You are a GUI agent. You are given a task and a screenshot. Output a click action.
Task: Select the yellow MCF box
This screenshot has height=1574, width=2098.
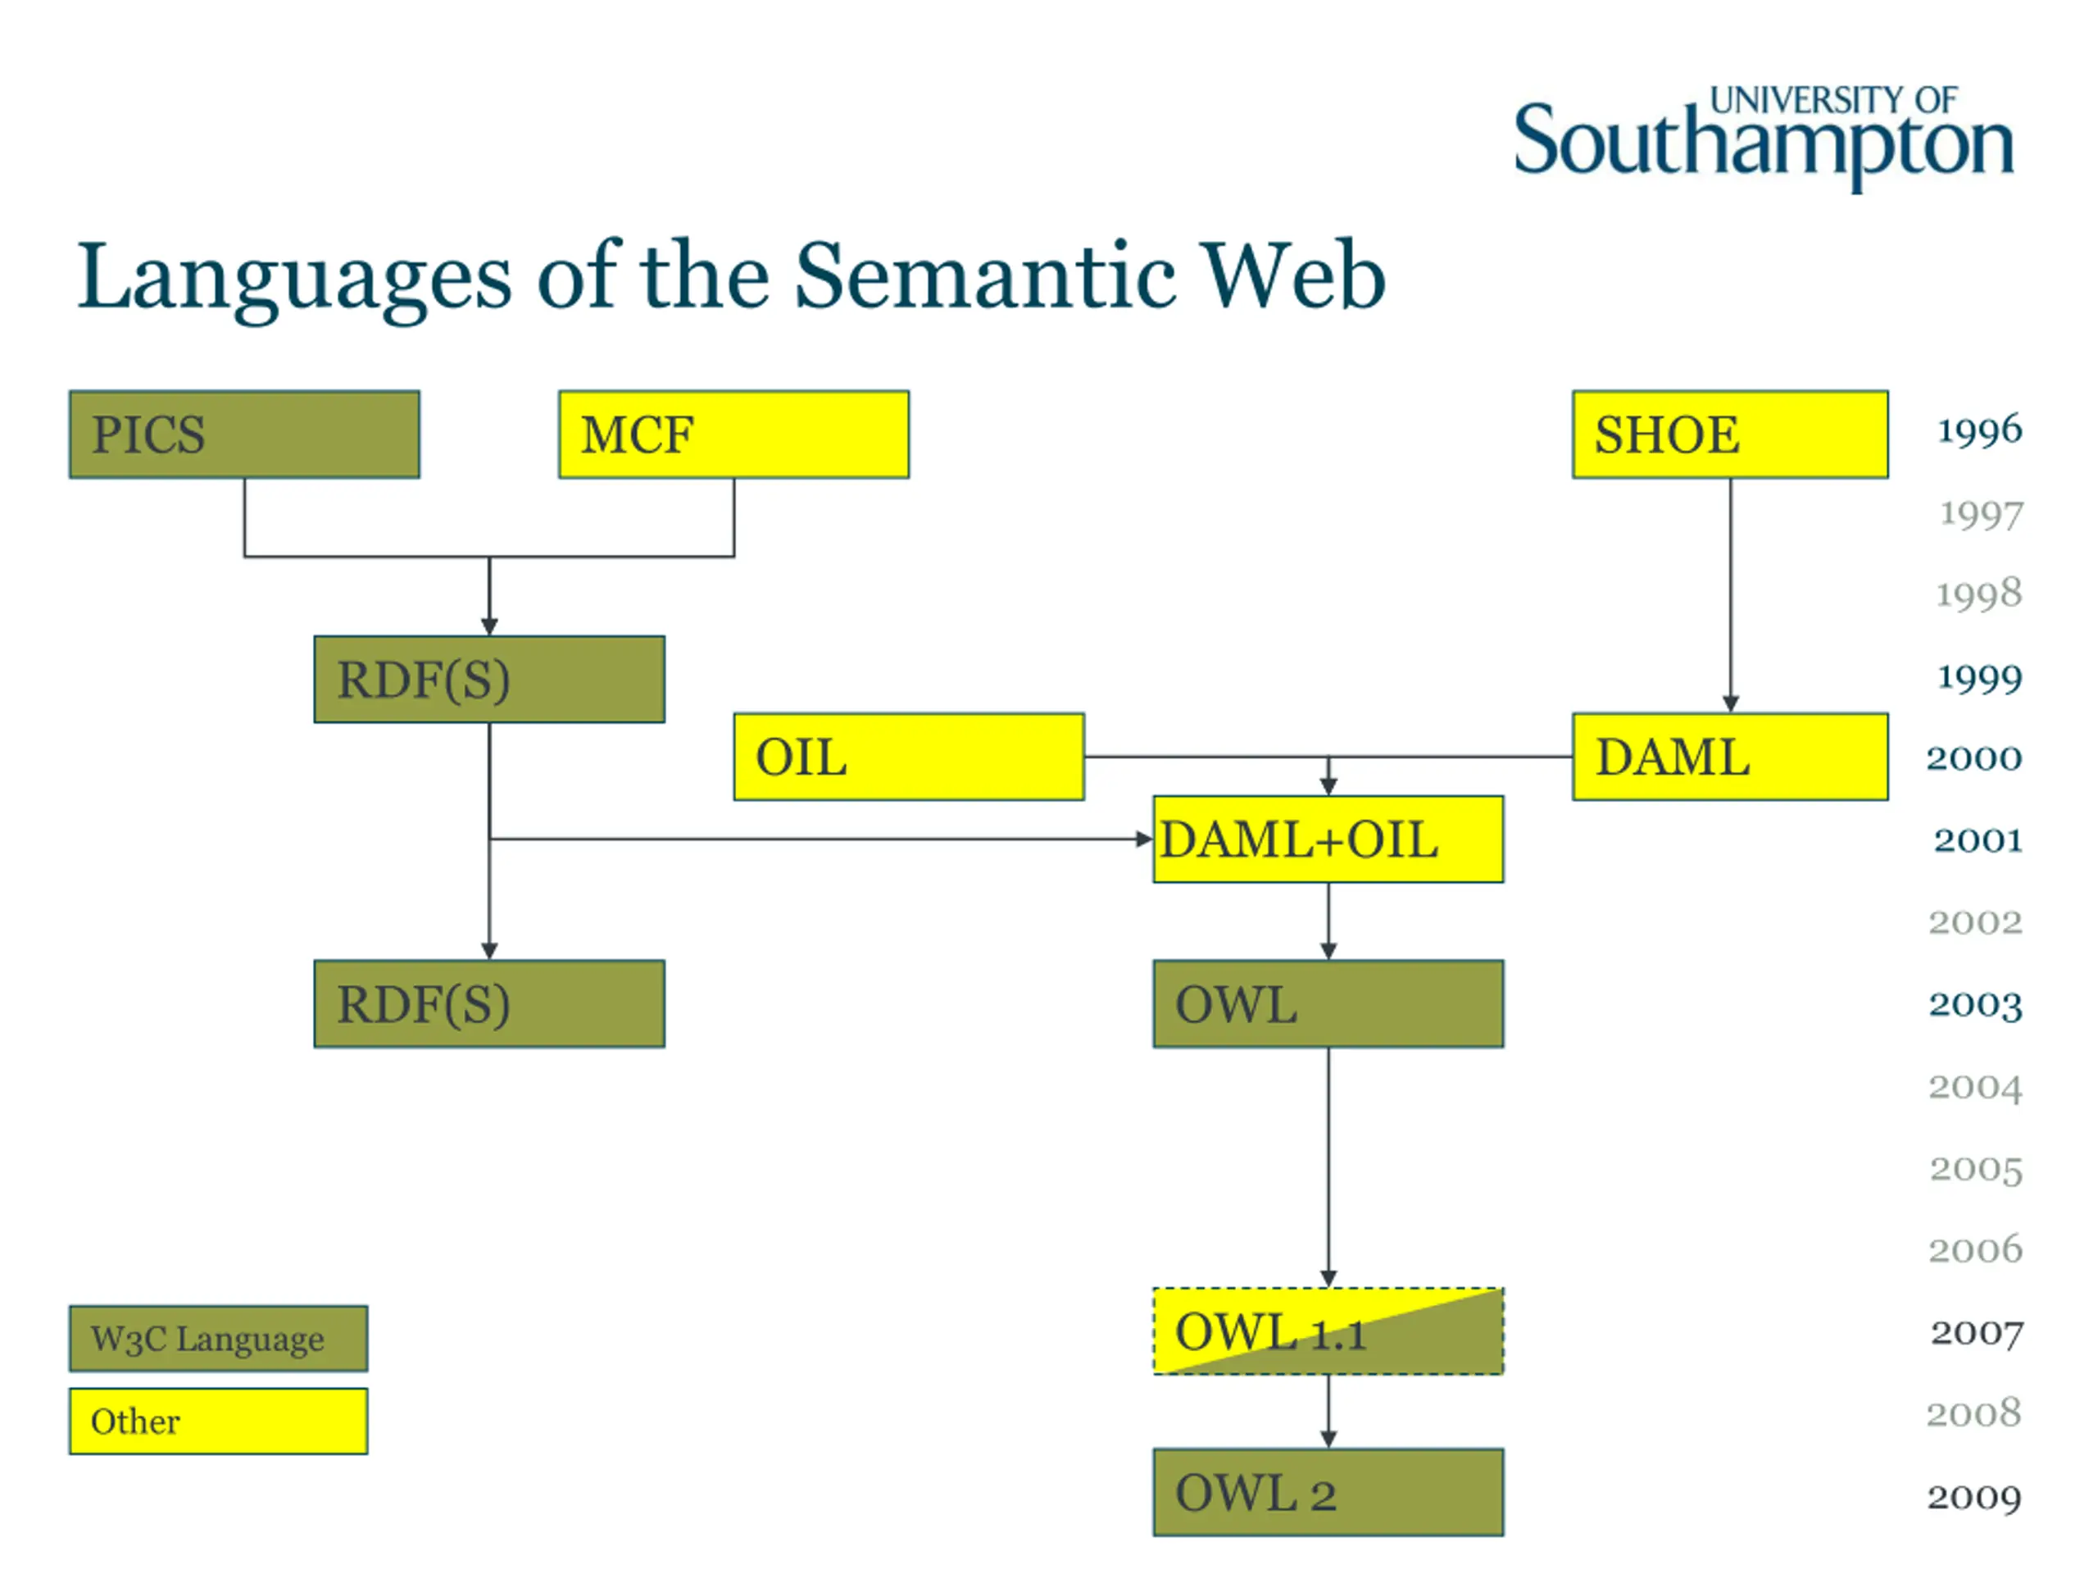pyautogui.click(x=733, y=434)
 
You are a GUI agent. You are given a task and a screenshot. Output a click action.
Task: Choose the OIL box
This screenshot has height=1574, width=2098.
pyautogui.click(x=908, y=757)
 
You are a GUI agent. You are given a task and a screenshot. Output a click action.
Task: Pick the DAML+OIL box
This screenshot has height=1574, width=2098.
pyautogui.click(x=1327, y=839)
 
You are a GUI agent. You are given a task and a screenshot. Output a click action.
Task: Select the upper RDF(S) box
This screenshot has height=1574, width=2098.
pyautogui.click(x=488, y=680)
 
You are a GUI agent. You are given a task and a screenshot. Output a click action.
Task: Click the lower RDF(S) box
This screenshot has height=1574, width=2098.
pyautogui.click(x=488, y=1003)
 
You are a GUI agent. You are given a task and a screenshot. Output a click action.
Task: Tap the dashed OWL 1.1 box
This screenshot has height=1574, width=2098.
pyautogui.click(x=1327, y=1331)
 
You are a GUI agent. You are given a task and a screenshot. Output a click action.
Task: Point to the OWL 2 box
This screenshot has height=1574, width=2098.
pyautogui.click(x=1327, y=1492)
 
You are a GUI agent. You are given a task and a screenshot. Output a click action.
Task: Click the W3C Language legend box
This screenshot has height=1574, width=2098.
pyautogui.click(x=218, y=1339)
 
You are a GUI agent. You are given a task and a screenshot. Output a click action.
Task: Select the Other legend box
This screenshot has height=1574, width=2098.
pyautogui.click(x=218, y=1422)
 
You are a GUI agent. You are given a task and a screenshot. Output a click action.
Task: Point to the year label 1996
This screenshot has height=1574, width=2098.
pyautogui.click(x=1978, y=430)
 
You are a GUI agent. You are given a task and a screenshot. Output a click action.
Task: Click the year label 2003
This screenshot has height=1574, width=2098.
pyautogui.click(x=1975, y=1005)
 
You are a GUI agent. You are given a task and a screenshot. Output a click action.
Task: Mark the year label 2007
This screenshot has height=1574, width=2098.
pyautogui.click(x=1977, y=1333)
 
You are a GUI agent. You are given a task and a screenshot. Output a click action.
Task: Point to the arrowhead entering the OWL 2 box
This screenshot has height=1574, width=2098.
pyautogui.click(x=1328, y=1440)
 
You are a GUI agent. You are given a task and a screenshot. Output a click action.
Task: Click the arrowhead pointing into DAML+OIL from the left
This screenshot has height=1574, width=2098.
pyautogui.click(x=1144, y=839)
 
